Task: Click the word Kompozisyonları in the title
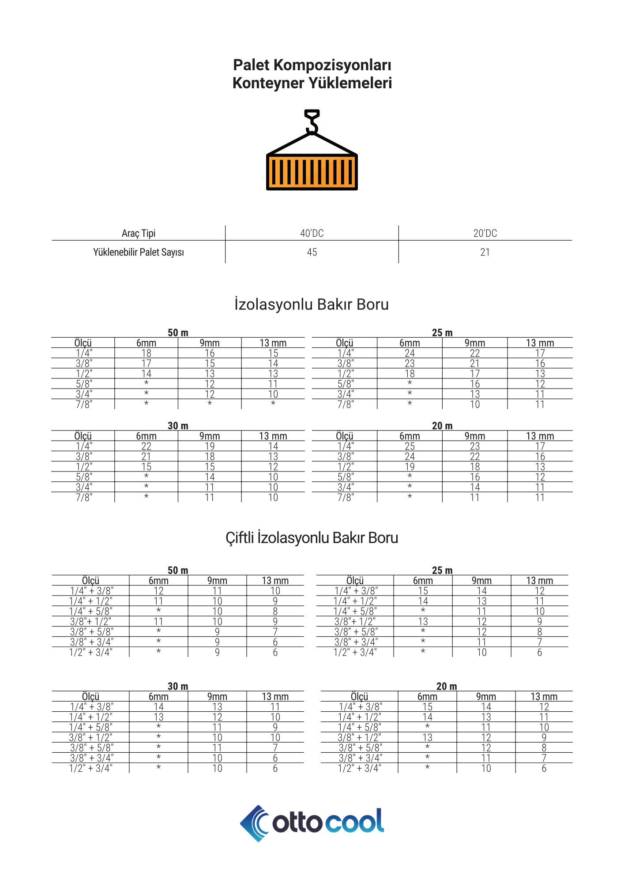[x=332, y=65]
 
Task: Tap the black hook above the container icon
[x=312, y=121]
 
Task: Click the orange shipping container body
[x=312, y=172]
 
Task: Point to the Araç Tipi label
[x=139, y=233]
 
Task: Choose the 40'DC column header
[x=312, y=233]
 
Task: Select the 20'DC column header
[x=485, y=233]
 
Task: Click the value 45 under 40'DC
[x=312, y=252]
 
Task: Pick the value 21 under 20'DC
[x=485, y=252]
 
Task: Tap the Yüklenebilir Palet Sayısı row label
[x=139, y=252]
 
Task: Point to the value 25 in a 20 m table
[x=410, y=446]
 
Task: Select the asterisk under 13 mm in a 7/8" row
[x=273, y=404]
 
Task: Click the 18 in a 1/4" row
[x=146, y=353]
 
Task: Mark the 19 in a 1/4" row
[x=210, y=446]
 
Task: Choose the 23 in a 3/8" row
[x=410, y=363]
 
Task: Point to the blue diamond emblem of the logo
[x=254, y=823]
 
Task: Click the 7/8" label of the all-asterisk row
[x=84, y=404]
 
